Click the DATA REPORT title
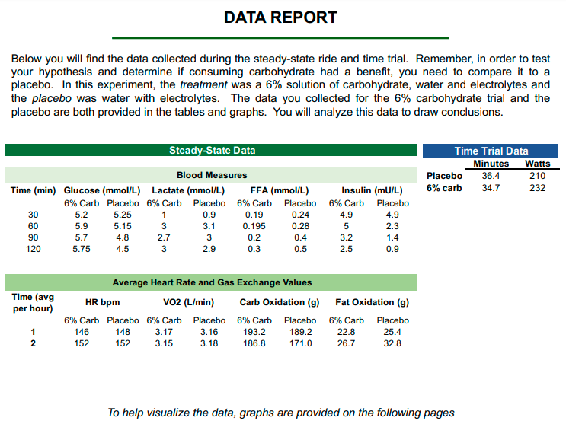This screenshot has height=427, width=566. [x=280, y=17]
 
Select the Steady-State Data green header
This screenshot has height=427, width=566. [x=212, y=151]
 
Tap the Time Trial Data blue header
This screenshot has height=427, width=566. [x=491, y=151]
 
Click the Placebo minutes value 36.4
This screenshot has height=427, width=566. [x=491, y=176]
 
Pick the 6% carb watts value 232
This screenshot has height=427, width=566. [x=537, y=188]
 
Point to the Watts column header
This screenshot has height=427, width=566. [x=537, y=164]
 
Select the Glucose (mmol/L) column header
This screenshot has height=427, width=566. [x=102, y=190]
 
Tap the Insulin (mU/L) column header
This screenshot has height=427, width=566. [x=372, y=190]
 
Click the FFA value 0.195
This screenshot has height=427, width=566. [x=254, y=226]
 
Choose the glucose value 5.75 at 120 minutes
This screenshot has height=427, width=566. [x=82, y=249]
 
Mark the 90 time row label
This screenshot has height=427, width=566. [x=33, y=237]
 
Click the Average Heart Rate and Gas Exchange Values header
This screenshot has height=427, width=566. [x=212, y=282]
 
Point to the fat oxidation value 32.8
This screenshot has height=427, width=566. [x=392, y=343]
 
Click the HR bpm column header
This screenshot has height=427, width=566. [x=102, y=302]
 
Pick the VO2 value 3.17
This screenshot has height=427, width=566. [x=163, y=332]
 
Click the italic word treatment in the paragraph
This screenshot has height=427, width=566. [x=203, y=84]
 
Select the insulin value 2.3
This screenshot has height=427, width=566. [x=392, y=226]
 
